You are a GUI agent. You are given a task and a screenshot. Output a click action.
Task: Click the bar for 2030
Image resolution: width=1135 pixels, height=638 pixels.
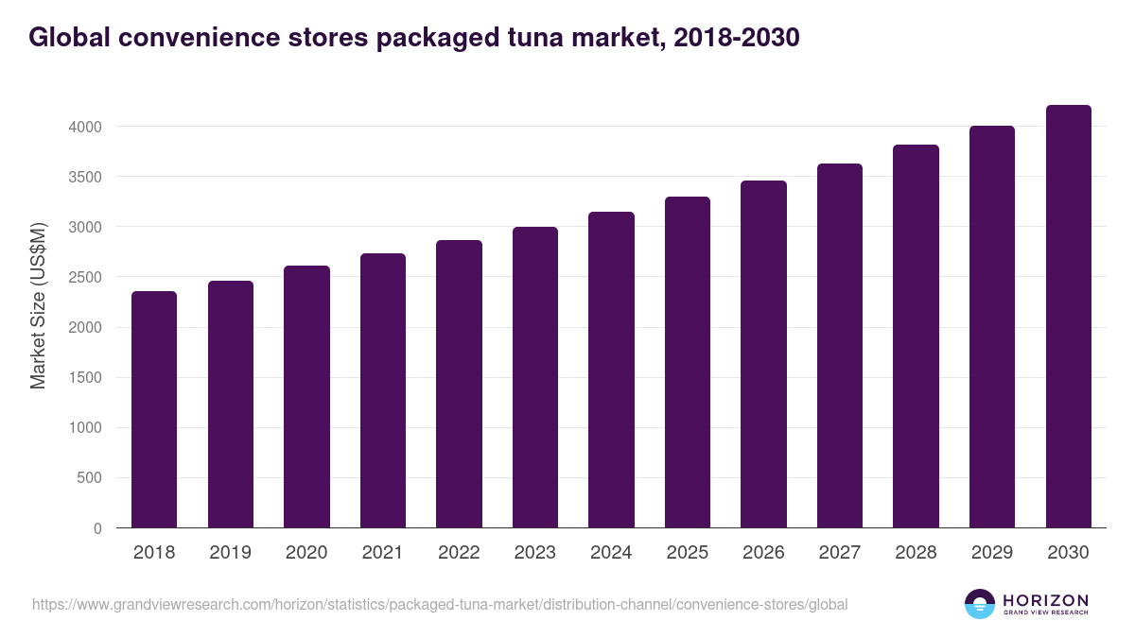point(1068,317)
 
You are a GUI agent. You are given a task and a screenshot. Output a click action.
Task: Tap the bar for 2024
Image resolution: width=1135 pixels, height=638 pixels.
point(611,370)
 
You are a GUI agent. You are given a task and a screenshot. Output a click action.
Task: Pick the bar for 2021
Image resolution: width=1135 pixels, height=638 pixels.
point(383,390)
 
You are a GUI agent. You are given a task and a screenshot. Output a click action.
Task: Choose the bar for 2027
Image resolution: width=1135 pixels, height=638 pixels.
point(840,346)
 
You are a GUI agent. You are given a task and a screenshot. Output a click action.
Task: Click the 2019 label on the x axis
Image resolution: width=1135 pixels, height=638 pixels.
point(230,553)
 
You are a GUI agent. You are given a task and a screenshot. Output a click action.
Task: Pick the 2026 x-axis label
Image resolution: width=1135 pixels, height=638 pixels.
point(763,553)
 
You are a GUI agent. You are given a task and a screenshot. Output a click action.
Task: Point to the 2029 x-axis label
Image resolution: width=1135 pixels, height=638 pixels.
point(992,553)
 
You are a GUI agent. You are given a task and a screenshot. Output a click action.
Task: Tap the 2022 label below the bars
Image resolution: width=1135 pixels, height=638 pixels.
point(459,553)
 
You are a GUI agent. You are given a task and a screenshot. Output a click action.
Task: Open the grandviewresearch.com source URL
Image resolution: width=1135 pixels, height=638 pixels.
point(440,604)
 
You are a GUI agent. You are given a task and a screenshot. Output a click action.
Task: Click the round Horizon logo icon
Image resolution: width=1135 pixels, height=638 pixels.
point(980,604)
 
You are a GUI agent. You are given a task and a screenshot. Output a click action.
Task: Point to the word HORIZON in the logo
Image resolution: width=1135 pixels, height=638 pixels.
point(1045,600)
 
